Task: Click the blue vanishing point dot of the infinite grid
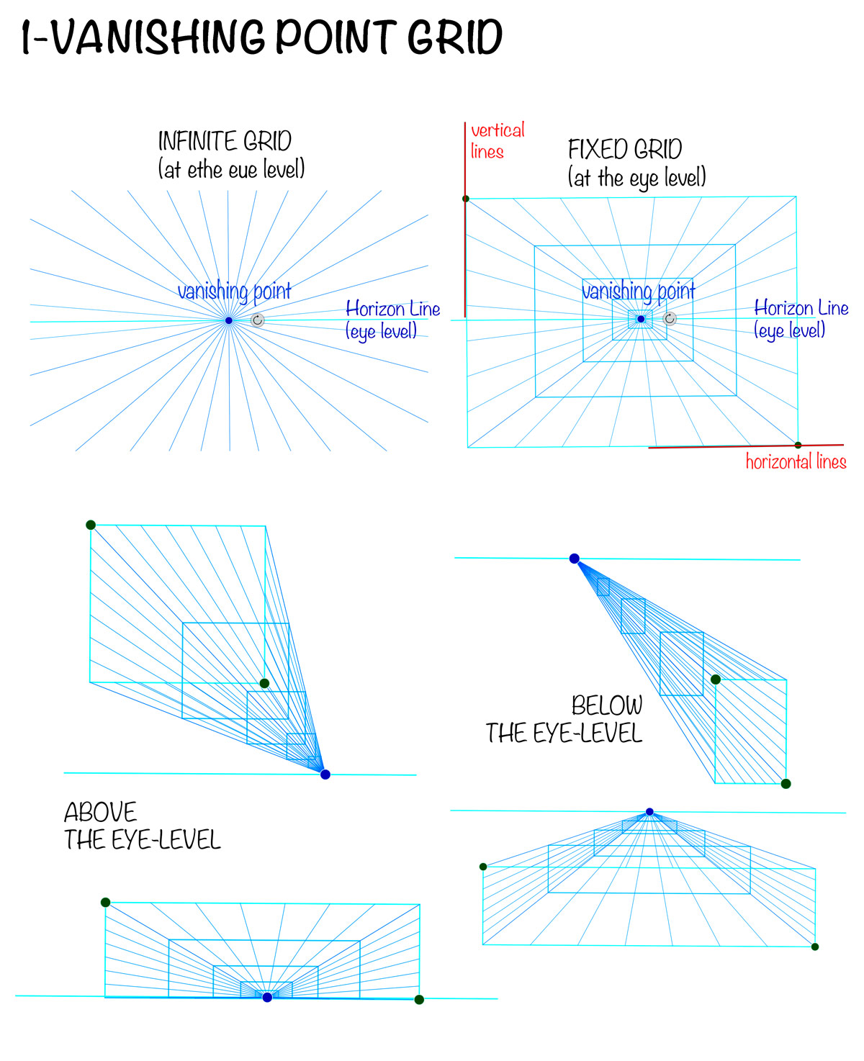tap(229, 320)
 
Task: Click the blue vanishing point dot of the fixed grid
tap(641, 319)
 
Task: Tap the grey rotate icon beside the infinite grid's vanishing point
tap(258, 320)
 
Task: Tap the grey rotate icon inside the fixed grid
tap(670, 319)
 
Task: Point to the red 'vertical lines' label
tap(497, 140)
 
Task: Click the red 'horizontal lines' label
tap(796, 461)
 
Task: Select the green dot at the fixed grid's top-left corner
tap(466, 199)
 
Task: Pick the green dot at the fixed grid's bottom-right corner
tap(798, 445)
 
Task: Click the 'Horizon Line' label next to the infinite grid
tap(392, 310)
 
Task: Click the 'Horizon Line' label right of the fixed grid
tap(801, 308)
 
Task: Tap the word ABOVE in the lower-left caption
tap(101, 813)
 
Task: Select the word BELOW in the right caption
tap(607, 705)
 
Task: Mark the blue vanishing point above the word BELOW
tap(575, 559)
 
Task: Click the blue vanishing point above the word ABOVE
tap(325, 775)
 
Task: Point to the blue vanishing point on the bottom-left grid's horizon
tap(268, 997)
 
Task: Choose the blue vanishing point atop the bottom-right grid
tap(649, 812)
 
